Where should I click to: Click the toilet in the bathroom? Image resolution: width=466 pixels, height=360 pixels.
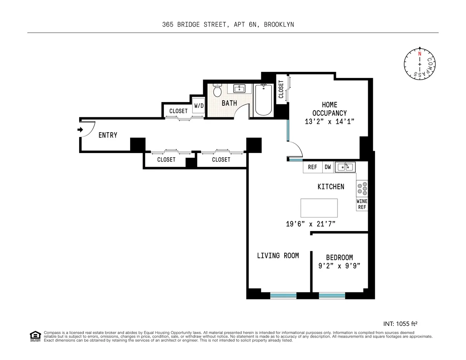pyautogui.click(x=217, y=90)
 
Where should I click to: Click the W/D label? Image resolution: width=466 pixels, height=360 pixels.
pyautogui.click(x=199, y=106)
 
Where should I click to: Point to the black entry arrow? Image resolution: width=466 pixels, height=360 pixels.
pyautogui.click(x=80, y=130)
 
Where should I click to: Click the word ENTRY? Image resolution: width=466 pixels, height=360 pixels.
pyautogui.click(x=108, y=135)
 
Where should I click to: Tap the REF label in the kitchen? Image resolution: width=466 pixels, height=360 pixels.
pyautogui.click(x=312, y=167)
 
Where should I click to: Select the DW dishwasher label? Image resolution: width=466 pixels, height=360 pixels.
pyautogui.click(x=328, y=167)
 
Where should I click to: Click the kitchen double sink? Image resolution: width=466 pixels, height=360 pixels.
pyautogui.click(x=345, y=167)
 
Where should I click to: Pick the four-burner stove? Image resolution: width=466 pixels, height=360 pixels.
pyautogui.click(x=362, y=188)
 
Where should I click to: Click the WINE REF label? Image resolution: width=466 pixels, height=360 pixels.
pyautogui.click(x=362, y=204)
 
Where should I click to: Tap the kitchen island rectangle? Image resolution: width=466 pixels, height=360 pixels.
pyautogui.click(x=319, y=208)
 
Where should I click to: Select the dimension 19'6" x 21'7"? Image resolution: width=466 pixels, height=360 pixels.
pyautogui.click(x=310, y=224)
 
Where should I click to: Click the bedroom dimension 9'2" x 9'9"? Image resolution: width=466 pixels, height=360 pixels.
pyautogui.click(x=339, y=266)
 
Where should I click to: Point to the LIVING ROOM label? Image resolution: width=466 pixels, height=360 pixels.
pyautogui.click(x=278, y=256)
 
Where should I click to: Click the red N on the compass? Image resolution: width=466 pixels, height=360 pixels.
pyautogui.click(x=419, y=54)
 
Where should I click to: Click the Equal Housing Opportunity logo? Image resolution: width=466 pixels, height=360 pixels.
pyautogui.click(x=35, y=336)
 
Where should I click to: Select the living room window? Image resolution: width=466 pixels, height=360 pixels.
pyautogui.click(x=283, y=296)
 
